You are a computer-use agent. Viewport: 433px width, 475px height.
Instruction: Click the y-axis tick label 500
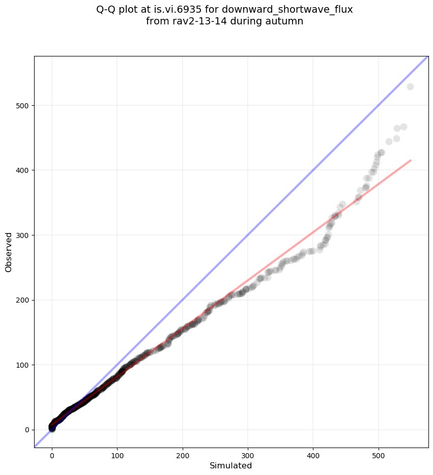[x=22, y=105]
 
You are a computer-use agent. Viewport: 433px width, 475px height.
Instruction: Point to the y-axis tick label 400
[x=22, y=170]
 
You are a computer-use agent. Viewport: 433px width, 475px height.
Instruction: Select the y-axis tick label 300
[x=22, y=235]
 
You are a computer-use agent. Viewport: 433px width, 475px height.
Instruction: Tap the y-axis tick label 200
[x=22, y=300]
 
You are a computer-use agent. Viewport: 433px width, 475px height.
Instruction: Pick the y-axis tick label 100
[x=22, y=365]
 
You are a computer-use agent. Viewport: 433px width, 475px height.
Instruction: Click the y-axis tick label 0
[x=26, y=430]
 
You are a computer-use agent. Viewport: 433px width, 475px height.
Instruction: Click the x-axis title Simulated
[x=231, y=465]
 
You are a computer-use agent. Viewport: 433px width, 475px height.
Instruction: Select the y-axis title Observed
[x=9, y=252]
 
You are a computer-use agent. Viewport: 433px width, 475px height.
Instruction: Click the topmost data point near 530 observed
[x=410, y=86]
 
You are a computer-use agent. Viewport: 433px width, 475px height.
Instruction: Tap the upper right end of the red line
[x=410, y=161]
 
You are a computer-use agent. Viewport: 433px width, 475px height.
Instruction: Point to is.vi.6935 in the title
[x=174, y=9]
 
